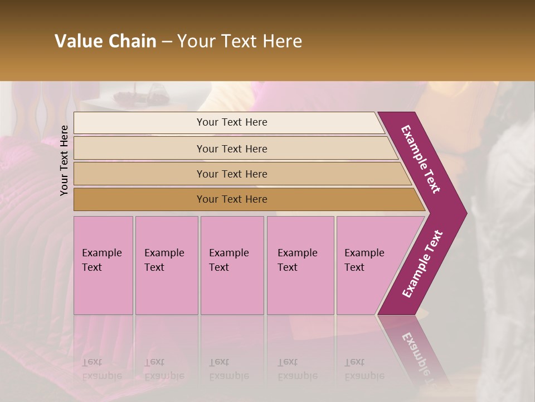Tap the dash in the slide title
[167, 42]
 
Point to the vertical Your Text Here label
[64, 160]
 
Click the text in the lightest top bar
[232, 122]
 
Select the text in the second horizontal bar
[232, 149]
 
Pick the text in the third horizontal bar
[232, 174]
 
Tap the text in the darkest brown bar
[232, 199]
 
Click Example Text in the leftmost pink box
[101, 260]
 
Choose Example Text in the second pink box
[164, 260]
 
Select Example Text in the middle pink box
[228, 260]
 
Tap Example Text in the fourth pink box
[297, 260]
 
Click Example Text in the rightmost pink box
[364, 260]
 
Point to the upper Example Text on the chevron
[421, 159]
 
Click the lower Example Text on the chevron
[422, 264]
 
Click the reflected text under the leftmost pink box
[101, 369]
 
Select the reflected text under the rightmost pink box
[364, 369]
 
